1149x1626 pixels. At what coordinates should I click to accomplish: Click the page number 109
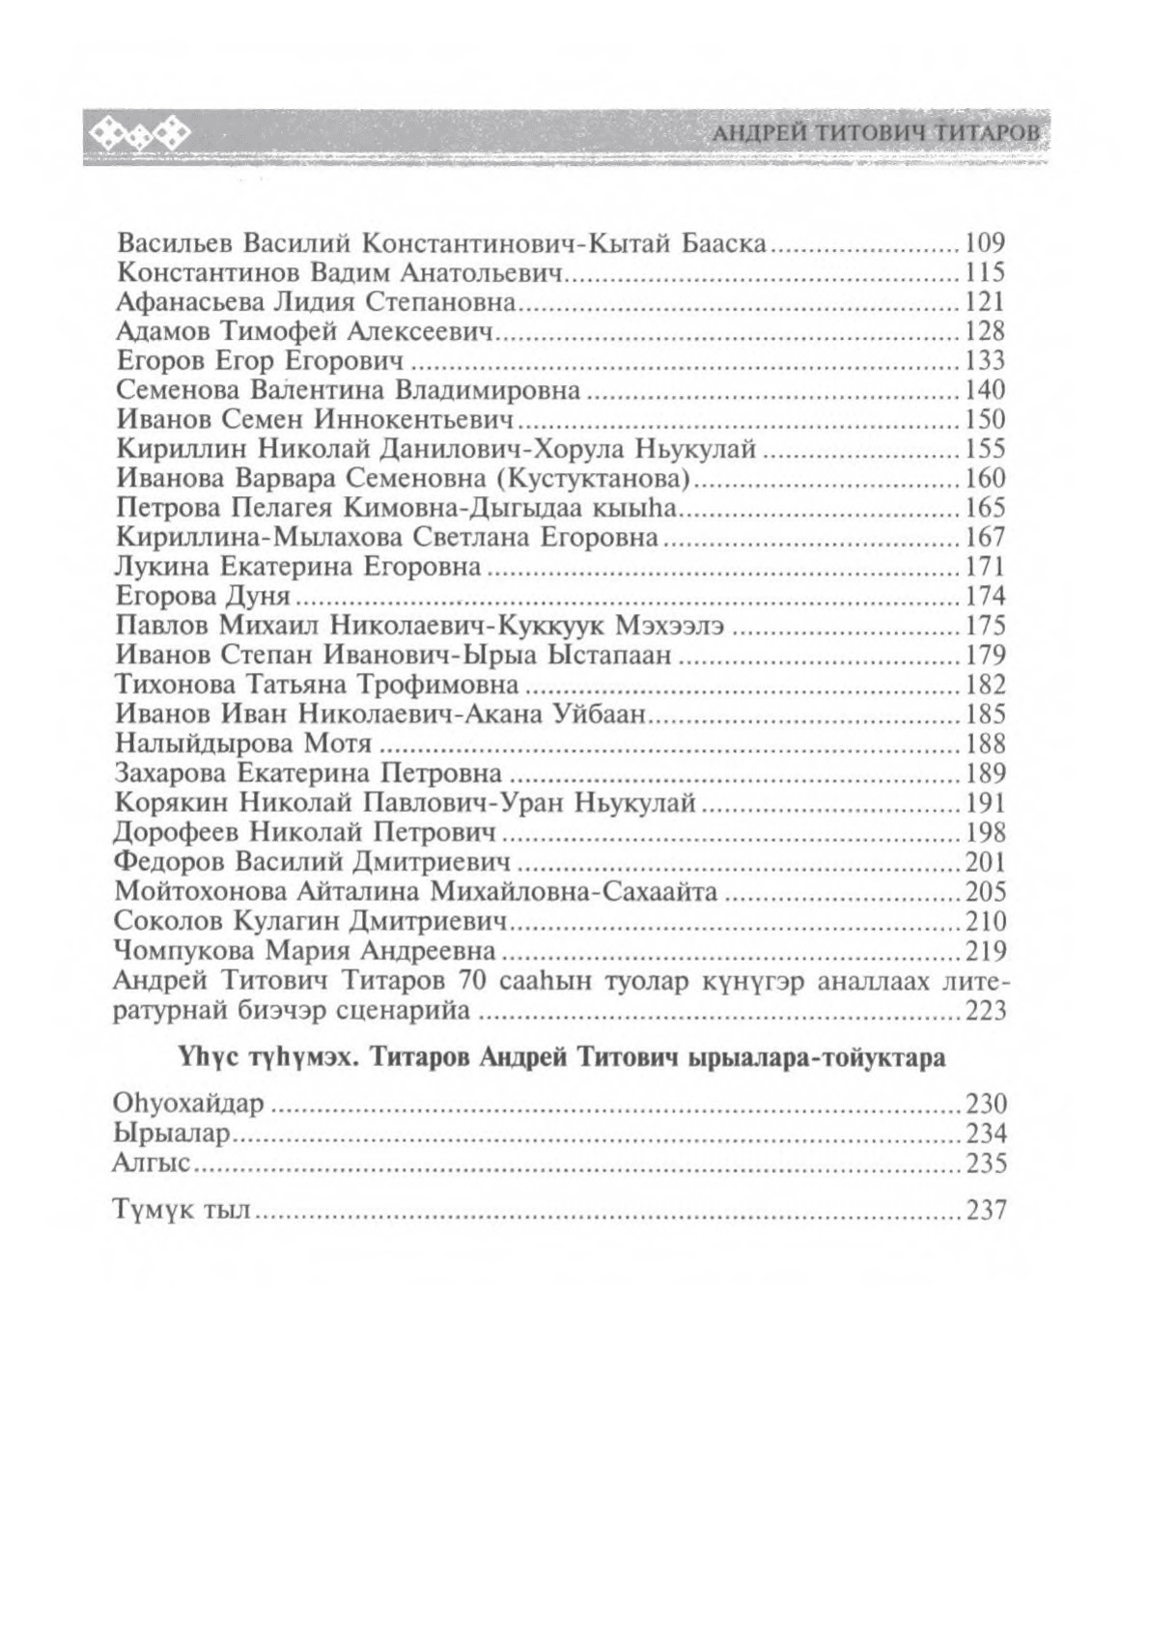[985, 242]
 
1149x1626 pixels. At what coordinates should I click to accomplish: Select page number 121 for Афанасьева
[985, 301]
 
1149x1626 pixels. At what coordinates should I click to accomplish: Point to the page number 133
[985, 360]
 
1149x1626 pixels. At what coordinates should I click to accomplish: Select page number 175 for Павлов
[985, 626]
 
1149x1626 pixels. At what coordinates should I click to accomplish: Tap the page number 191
[985, 802]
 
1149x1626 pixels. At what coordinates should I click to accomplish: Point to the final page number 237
[985, 1209]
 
